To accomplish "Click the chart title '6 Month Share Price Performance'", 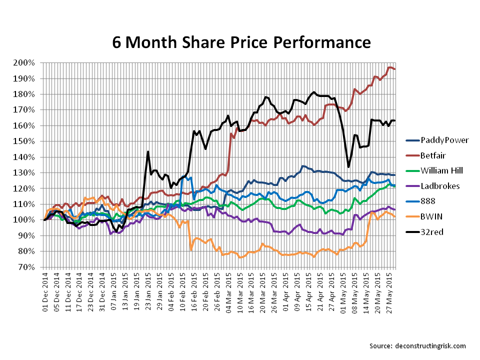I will click(x=241, y=41).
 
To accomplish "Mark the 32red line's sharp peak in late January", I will click(x=148, y=151).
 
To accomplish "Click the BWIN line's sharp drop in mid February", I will click(x=191, y=249).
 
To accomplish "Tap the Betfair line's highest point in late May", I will click(x=390, y=67).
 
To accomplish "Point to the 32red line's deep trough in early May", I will click(x=348, y=167).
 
